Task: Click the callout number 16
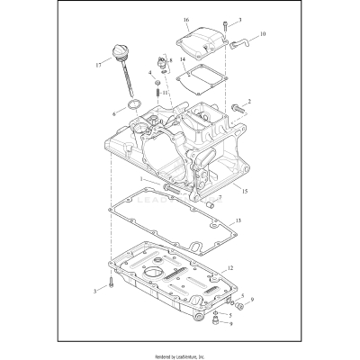(x=186, y=20)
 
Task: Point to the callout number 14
(x=183, y=61)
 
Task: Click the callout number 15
(x=245, y=192)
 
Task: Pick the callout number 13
(x=238, y=220)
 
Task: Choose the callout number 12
(x=231, y=267)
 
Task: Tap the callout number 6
(x=114, y=114)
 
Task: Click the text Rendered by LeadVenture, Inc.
(x=180, y=354)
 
